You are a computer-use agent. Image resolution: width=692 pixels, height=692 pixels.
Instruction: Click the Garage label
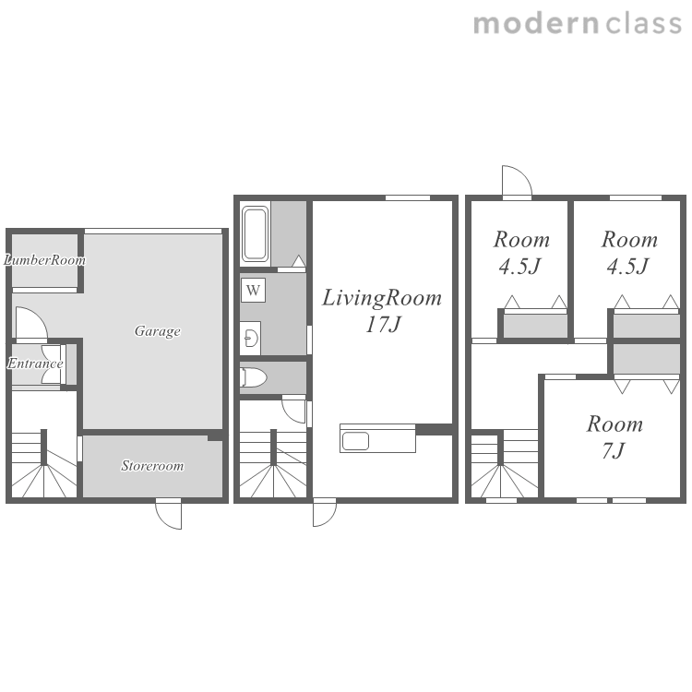click(158, 330)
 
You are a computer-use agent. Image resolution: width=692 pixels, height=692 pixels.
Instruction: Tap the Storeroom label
click(152, 466)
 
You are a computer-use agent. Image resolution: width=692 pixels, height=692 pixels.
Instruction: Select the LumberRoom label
click(44, 259)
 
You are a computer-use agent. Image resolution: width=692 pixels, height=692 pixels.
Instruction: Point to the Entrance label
click(35, 364)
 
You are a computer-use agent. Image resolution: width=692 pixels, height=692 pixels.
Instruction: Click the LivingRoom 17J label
click(382, 311)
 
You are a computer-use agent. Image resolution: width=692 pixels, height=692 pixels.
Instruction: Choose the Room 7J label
click(614, 437)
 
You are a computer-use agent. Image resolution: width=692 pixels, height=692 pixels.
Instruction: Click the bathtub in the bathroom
click(255, 234)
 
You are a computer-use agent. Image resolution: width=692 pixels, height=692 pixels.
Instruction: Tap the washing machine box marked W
click(253, 290)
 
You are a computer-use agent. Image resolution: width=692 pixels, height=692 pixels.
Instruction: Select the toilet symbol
click(254, 377)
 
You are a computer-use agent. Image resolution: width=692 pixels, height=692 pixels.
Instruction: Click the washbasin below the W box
click(251, 339)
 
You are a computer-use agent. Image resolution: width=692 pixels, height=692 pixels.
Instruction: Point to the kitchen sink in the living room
click(355, 441)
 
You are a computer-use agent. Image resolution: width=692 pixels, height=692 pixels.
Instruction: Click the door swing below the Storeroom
click(169, 514)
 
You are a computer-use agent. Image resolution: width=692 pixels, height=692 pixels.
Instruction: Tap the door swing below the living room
click(325, 513)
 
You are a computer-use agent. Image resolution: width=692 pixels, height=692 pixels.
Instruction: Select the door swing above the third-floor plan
click(518, 181)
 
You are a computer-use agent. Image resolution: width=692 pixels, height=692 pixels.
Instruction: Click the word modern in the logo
click(536, 24)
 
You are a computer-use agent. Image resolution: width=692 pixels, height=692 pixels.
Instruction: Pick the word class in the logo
click(644, 23)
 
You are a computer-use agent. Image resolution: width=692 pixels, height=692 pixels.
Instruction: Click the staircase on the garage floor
click(43, 464)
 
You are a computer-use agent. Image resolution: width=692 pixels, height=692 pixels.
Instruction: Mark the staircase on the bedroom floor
click(505, 464)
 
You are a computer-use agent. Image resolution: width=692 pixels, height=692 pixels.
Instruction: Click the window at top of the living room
click(408, 197)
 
